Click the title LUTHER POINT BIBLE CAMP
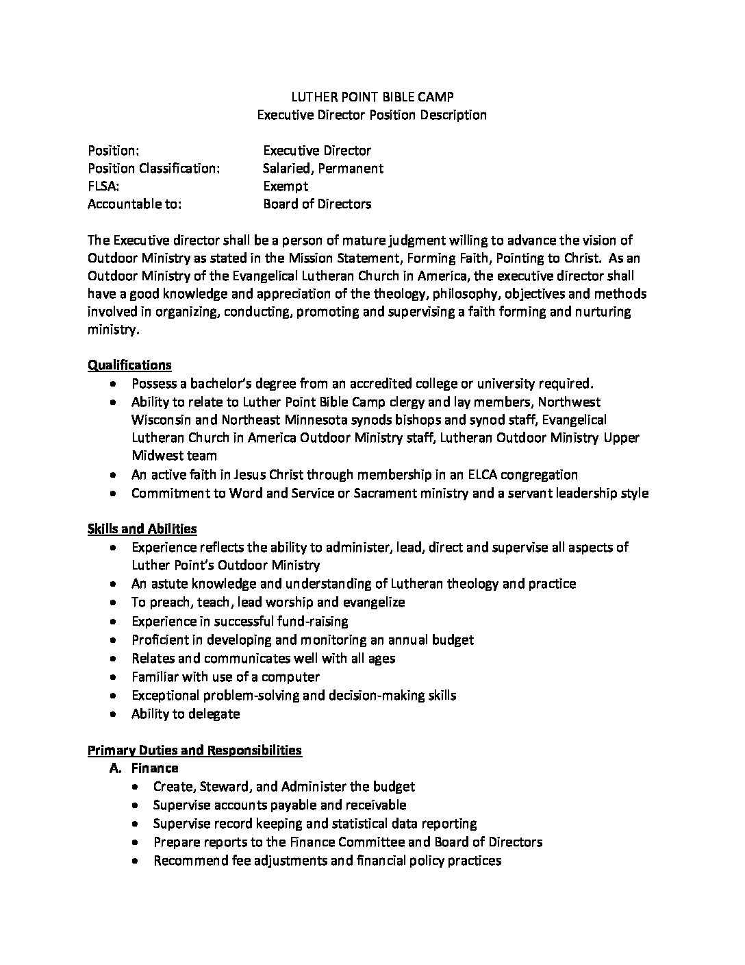coord(372,97)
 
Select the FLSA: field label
coord(103,186)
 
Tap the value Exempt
coord(286,186)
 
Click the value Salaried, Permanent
coord(323,169)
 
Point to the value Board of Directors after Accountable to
coord(317,204)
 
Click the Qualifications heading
coord(129,365)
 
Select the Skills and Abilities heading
coord(142,528)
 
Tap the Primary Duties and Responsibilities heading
coord(194,750)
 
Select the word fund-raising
coord(312,622)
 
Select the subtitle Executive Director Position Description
coord(372,114)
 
